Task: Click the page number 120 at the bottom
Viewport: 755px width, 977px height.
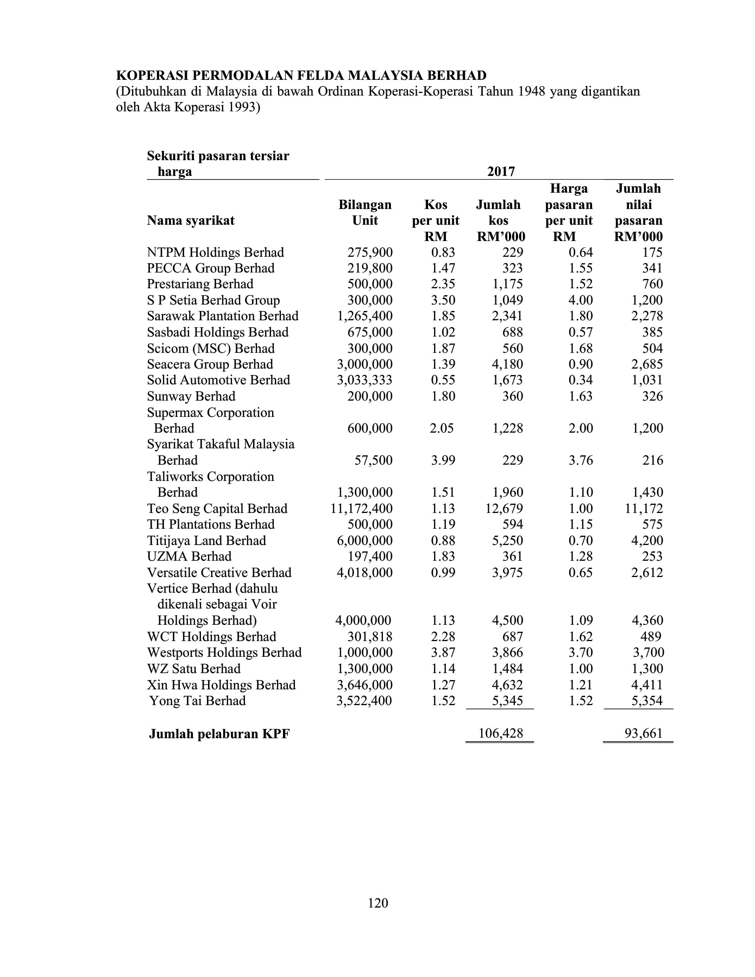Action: pyautogui.click(x=377, y=903)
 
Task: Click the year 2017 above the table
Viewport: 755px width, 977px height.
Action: pyautogui.click(x=501, y=172)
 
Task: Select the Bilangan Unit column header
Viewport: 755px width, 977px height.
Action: pyautogui.click(x=365, y=212)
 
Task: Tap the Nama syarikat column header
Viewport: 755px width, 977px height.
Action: pyautogui.click(x=191, y=220)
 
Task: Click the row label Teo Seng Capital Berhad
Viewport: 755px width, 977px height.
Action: pyautogui.click(x=217, y=509)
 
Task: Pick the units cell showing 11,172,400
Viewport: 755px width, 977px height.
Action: pyautogui.click(x=361, y=509)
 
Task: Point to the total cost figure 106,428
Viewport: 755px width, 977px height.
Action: pyautogui.click(x=500, y=734)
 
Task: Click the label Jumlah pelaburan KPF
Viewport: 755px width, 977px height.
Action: pyautogui.click(x=219, y=734)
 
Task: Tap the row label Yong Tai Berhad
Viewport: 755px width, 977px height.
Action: pyautogui.click(x=198, y=701)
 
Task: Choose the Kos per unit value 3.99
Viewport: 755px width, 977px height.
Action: pyautogui.click(x=443, y=460)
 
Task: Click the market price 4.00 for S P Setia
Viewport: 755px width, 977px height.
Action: pyautogui.click(x=581, y=300)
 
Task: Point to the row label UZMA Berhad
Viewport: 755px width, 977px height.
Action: pyautogui.click(x=189, y=556)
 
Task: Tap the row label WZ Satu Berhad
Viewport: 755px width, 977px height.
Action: pyautogui.click(x=194, y=669)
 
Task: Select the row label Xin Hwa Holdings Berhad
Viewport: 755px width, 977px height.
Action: pyautogui.click(x=221, y=685)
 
